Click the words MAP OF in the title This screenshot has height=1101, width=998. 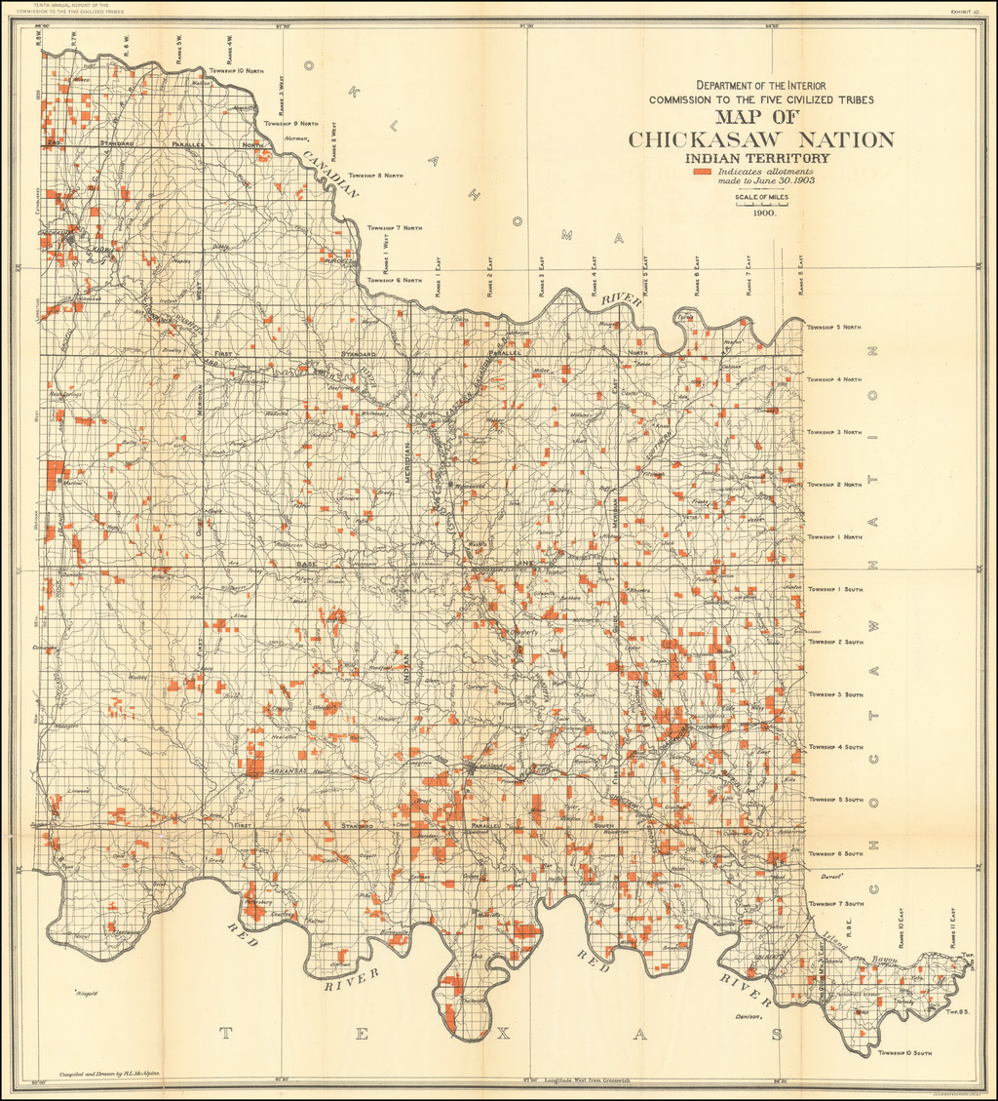click(761, 117)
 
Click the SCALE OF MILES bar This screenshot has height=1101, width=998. click(761, 205)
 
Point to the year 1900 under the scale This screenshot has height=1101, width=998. click(762, 213)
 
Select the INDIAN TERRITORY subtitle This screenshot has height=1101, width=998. click(757, 158)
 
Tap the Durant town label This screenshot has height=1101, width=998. click(803, 877)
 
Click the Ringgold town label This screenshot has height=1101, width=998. click(91, 994)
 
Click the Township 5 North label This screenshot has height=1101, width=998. click(834, 327)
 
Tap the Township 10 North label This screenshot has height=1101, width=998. click(236, 72)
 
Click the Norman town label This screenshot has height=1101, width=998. click(294, 138)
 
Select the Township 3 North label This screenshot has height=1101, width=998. click(834, 432)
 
